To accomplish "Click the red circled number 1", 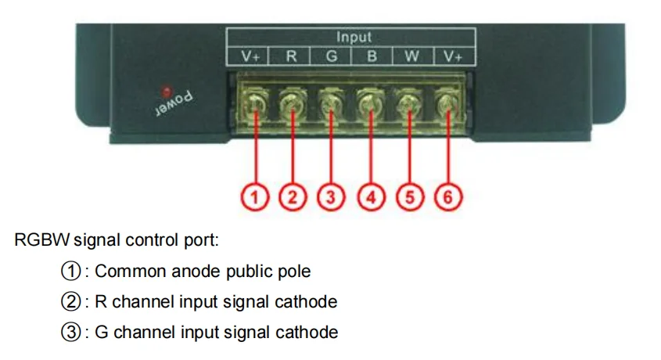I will click(255, 197).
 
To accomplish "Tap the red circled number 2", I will click(293, 197).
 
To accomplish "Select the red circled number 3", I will click(332, 197).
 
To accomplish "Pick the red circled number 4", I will click(371, 197).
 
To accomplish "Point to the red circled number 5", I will click(409, 197).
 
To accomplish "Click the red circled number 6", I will click(447, 197).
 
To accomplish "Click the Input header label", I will click(354, 37).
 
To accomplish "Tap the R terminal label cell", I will click(291, 56).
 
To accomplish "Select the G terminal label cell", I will click(332, 56).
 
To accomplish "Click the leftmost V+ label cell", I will click(250, 56).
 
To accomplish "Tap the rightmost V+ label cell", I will click(453, 56).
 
